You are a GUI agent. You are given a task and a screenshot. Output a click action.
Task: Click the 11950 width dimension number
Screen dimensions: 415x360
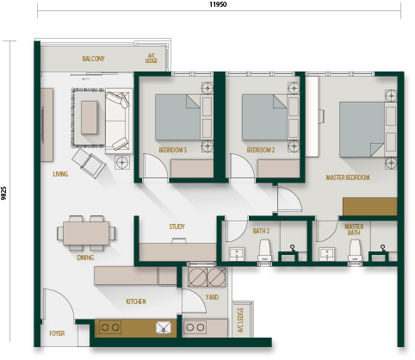[x=218, y=4]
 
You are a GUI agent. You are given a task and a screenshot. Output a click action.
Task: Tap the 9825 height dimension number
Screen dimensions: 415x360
[x=3, y=193]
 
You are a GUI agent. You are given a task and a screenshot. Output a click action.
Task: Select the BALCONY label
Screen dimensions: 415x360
[x=93, y=59]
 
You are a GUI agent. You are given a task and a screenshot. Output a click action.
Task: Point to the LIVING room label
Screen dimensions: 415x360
[x=60, y=174]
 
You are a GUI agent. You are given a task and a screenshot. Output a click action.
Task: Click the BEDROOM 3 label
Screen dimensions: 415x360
[x=172, y=150]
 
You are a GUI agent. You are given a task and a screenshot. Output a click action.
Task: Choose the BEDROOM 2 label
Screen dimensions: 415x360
[x=261, y=150]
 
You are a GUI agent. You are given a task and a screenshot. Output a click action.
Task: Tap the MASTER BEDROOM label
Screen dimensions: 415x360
[x=348, y=177]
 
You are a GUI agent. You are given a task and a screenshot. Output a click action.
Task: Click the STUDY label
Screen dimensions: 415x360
[x=177, y=227]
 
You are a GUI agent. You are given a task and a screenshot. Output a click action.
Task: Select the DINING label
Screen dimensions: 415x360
[x=85, y=258]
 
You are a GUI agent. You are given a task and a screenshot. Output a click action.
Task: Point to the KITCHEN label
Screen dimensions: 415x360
[x=136, y=301]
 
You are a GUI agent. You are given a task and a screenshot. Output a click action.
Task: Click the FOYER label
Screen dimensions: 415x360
[x=57, y=333]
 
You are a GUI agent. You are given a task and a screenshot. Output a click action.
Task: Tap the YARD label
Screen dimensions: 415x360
[x=212, y=297]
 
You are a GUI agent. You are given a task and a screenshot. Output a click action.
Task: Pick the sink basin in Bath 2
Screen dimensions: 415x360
[x=237, y=254]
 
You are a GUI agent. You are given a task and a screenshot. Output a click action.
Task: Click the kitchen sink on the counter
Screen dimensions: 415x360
[x=164, y=327]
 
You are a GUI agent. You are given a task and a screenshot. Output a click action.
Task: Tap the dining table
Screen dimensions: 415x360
[x=86, y=233]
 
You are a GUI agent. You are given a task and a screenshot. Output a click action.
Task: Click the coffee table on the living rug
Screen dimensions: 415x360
[x=89, y=117]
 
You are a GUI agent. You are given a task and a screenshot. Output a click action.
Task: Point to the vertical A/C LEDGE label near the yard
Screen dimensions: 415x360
[x=240, y=320]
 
